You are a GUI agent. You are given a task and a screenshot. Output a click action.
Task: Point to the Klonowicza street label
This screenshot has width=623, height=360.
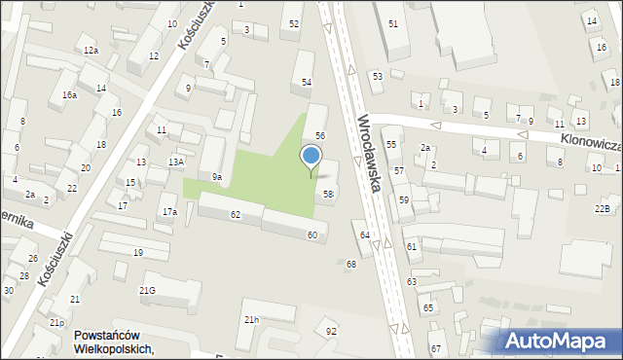click(x=590, y=143)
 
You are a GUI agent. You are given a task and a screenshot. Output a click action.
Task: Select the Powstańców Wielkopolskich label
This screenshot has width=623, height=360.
click(x=114, y=342)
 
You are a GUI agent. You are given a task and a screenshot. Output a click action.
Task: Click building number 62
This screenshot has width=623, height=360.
click(x=235, y=213)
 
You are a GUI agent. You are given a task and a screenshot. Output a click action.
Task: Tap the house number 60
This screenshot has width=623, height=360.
click(x=311, y=234)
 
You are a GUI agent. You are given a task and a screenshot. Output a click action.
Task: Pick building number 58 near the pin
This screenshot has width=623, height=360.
click(x=329, y=195)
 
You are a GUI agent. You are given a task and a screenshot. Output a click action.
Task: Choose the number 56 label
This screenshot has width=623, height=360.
click(x=319, y=134)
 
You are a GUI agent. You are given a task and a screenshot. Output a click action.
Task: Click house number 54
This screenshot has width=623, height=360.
click(x=306, y=83)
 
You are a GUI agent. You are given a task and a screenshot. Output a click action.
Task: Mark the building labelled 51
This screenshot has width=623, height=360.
click(x=392, y=22)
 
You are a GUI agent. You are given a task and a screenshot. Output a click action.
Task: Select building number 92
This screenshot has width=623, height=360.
click(x=331, y=331)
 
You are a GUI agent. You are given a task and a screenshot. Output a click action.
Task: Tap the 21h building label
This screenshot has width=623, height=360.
click(x=252, y=319)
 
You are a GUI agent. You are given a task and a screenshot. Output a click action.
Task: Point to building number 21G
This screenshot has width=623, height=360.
click(x=147, y=290)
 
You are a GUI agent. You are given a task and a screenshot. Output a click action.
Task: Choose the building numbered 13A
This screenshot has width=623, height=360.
click(x=175, y=162)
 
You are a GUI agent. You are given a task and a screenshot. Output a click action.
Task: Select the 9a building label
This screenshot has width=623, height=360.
click(x=217, y=176)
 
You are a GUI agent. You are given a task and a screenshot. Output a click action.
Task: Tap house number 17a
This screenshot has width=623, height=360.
click(x=169, y=211)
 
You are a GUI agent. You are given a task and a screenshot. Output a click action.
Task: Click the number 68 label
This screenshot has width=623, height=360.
click(x=350, y=264)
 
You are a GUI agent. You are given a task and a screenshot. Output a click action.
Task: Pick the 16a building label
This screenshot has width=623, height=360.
click(x=69, y=94)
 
